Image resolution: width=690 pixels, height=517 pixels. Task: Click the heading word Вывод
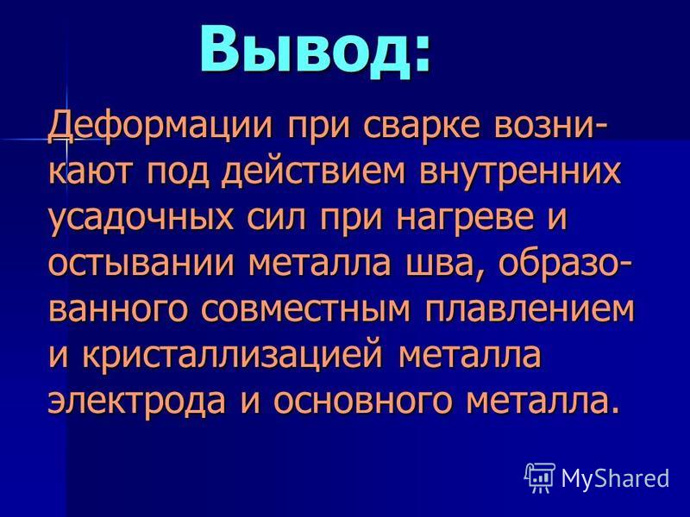pos(315,49)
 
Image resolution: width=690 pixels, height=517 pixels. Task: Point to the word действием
pos(312,171)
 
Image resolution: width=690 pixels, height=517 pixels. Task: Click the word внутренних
pos(520,171)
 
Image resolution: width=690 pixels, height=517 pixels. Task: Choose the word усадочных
pos(141,219)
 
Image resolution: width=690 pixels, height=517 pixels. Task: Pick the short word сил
pos(276,219)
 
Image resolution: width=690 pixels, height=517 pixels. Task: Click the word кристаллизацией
pos(233,356)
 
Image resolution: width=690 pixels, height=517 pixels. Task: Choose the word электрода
pos(136,401)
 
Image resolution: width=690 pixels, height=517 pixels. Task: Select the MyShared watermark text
pos(615,478)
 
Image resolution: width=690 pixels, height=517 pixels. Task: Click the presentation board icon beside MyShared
pos(540,477)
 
